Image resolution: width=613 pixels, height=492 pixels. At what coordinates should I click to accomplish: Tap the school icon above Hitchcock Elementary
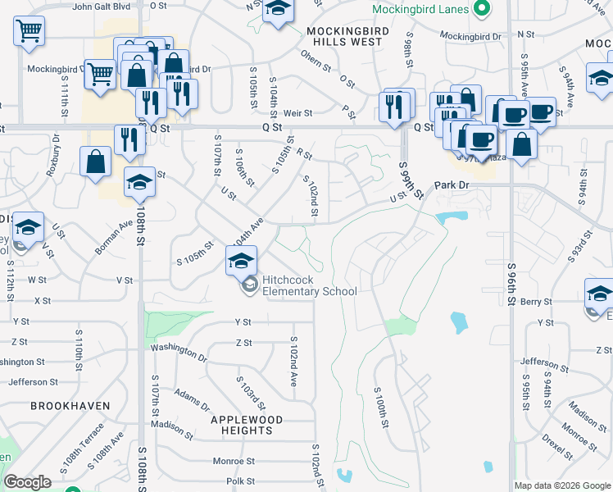click(x=240, y=261)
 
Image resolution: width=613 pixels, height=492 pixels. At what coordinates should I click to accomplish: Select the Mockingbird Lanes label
click(x=420, y=11)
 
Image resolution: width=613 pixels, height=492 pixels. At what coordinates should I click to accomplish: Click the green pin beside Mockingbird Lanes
click(x=483, y=11)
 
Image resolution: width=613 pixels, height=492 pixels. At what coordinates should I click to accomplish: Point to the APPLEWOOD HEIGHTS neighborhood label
click(x=247, y=425)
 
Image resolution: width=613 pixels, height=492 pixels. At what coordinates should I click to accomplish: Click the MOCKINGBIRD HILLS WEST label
click(x=344, y=35)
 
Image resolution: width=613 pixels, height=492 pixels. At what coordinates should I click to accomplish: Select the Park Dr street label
click(x=452, y=186)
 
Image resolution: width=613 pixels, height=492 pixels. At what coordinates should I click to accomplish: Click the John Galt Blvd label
click(x=102, y=7)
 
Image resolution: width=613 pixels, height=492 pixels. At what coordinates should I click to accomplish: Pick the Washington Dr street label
click(x=179, y=352)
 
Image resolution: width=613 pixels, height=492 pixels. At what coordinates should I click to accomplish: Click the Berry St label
click(x=536, y=302)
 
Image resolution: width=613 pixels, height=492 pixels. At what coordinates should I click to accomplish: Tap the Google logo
click(x=28, y=482)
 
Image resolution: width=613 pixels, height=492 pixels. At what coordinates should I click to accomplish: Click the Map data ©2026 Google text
click(x=562, y=485)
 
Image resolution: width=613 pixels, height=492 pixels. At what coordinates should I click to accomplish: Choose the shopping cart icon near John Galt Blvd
click(x=29, y=31)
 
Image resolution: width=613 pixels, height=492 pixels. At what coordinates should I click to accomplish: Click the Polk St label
click(x=241, y=481)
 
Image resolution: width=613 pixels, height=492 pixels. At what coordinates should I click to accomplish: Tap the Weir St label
click(x=298, y=112)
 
